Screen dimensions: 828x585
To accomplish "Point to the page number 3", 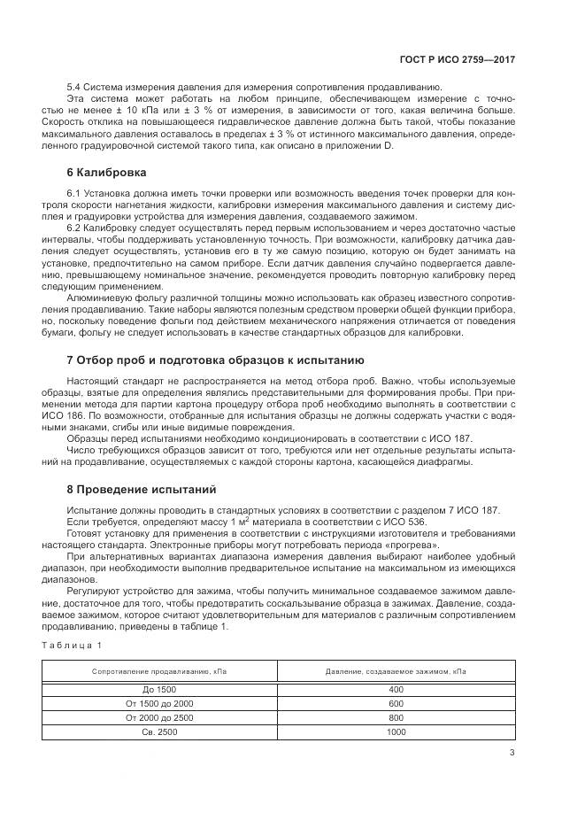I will click(x=512, y=753).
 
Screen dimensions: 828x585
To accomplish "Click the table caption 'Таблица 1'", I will click(x=76, y=644).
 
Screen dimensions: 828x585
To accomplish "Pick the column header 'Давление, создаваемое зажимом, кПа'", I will click(x=396, y=672).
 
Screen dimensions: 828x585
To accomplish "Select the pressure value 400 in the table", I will click(x=396, y=688).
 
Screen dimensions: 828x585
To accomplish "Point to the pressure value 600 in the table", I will click(x=396, y=702).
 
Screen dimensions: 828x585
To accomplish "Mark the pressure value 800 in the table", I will click(x=396, y=716).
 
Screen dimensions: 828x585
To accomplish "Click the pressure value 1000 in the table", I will click(x=396, y=731).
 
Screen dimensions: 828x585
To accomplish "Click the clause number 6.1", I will click(x=74, y=192).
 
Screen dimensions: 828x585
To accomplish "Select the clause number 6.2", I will click(x=74, y=228).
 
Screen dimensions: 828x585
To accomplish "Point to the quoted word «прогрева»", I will click(x=415, y=546).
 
